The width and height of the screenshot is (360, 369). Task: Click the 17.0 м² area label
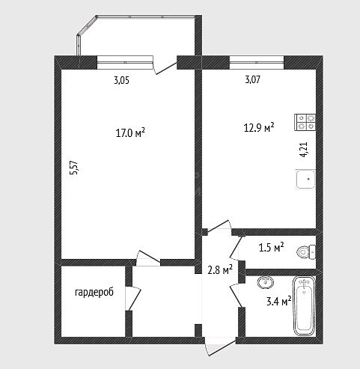point(130,133)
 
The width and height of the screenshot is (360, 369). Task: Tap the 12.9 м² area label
point(259,127)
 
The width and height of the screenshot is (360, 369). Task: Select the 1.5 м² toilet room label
point(272,247)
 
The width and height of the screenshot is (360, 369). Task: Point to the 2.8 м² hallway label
point(220,269)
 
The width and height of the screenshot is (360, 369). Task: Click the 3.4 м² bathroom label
point(279,301)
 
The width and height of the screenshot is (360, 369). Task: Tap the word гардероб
point(94,292)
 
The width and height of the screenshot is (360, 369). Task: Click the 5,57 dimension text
point(75,170)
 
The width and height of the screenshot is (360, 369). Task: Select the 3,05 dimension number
point(121,80)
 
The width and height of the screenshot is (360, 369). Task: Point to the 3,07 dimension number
point(253,79)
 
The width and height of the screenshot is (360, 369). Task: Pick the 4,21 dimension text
point(304,149)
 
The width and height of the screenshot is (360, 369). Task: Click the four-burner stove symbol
point(305,122)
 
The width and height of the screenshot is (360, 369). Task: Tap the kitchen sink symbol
point(305,179)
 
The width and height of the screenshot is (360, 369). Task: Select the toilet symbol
point(306,251)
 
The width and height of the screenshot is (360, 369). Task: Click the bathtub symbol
point(303,306)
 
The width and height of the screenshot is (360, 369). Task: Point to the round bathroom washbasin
point(266,282)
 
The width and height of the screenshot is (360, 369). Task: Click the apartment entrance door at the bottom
point(220,347)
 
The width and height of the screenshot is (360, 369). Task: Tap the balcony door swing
point(165,66)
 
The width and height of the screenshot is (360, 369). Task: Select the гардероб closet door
point(133,298)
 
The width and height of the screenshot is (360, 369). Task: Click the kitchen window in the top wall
point(257,62)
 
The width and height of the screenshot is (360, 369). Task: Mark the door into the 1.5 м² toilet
point(236,248)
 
